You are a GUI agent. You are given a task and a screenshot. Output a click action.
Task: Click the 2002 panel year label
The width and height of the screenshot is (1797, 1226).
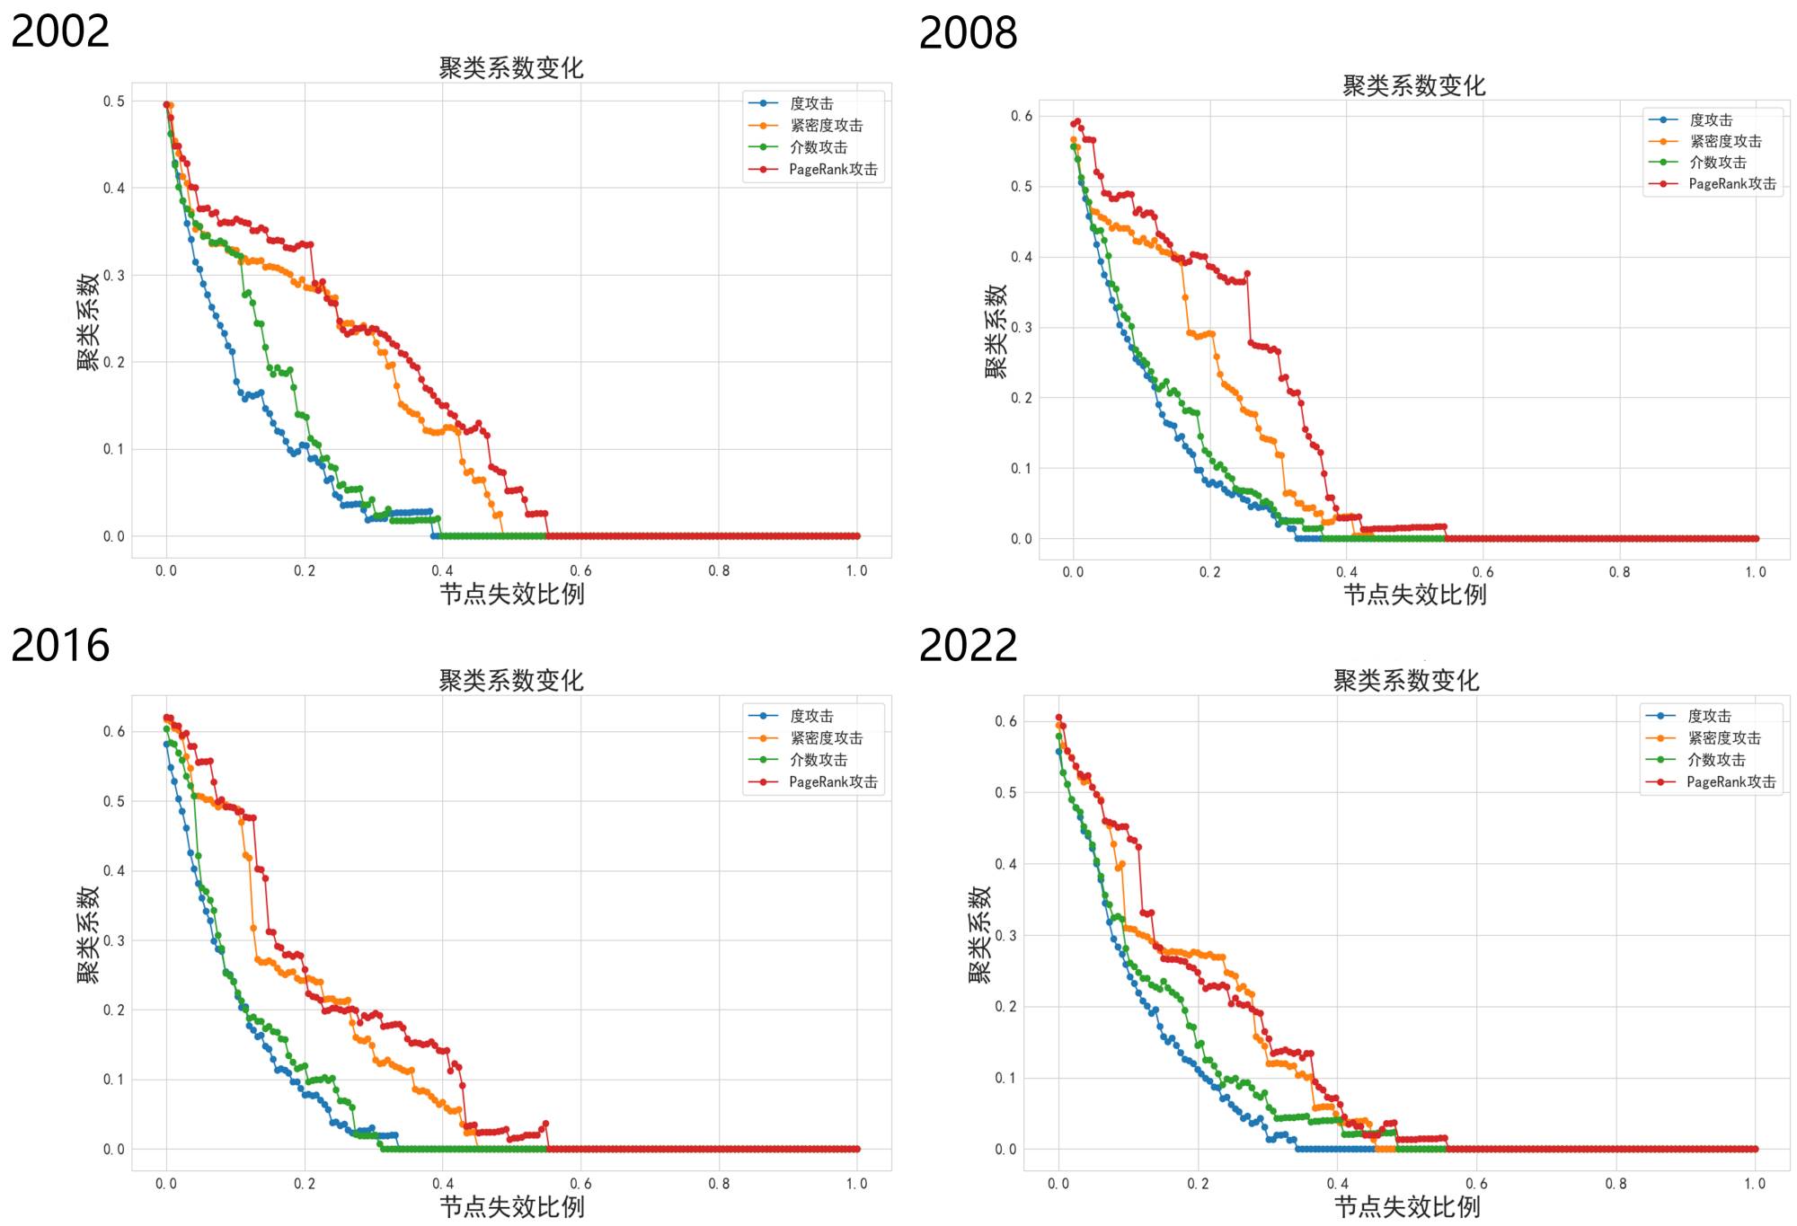point(60,31)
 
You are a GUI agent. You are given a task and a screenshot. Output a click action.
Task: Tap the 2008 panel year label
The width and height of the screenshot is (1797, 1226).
point(968,33)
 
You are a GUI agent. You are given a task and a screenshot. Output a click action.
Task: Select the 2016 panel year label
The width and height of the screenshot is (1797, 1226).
point(60,646)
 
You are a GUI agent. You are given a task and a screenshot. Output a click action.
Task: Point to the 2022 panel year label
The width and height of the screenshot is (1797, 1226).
point(968,646)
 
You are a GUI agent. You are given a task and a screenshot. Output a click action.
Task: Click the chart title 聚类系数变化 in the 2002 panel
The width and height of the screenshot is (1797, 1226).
point(510,68)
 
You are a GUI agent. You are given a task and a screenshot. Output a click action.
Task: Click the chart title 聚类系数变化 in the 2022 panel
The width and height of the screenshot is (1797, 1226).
point(1405,681)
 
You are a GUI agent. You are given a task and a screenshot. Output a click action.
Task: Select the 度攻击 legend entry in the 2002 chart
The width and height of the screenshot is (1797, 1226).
point(811,104)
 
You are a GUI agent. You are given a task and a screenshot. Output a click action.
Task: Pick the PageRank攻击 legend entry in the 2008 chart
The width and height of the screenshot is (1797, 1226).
point(1731,184)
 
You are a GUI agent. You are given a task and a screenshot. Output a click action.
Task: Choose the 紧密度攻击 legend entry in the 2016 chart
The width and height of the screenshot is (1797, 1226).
point(826,738)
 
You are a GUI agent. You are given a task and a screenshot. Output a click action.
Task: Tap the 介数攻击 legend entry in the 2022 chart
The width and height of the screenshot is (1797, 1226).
point(1715,760)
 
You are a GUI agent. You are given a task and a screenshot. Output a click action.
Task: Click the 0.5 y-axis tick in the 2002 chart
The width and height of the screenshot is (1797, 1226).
point(114,101)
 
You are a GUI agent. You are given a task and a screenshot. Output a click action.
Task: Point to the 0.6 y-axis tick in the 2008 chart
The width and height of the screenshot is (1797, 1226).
point(1022,116)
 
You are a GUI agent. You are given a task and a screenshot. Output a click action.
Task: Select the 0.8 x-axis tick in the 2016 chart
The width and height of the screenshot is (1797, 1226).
point(719,1184)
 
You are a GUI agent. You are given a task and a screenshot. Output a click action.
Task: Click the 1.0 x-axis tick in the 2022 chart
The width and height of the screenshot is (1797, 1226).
point(1755,1184)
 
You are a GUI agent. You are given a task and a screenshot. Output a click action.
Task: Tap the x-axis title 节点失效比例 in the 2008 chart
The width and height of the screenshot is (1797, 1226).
point(1414,595)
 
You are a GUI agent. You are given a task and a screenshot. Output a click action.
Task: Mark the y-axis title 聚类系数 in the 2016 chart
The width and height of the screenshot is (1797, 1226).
point(88,935)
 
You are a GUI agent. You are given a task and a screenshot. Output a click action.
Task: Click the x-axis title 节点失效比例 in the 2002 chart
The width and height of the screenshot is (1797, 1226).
point(511,594)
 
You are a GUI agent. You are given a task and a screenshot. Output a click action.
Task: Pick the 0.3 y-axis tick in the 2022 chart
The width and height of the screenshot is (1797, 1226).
point(1005,936)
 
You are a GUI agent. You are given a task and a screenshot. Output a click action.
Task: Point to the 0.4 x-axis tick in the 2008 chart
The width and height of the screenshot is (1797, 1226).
point(1346,572)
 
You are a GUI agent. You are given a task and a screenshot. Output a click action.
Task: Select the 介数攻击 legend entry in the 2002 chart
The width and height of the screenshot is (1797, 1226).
point(818,147)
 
